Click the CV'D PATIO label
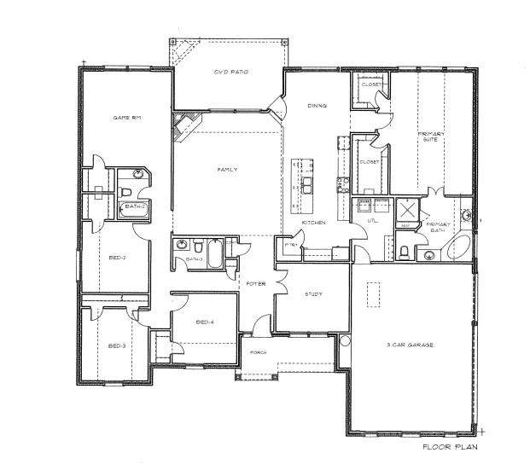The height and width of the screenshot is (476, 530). (230, 73)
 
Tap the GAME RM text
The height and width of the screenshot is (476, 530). (127, 117)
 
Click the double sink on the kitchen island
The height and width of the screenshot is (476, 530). (306, 183)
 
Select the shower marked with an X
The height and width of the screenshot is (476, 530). (408, 208)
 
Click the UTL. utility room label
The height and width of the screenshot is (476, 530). (372, 221)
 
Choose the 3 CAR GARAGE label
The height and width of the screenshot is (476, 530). (411, 345)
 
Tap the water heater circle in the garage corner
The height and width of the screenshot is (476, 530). (345, 340)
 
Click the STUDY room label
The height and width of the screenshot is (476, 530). (313, 294)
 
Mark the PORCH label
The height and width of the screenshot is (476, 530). (258, 351)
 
